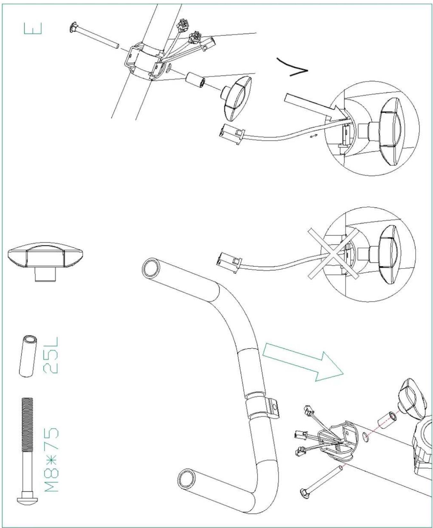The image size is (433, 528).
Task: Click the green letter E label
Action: (33, 28)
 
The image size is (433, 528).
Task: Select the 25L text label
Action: (51, 355)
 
